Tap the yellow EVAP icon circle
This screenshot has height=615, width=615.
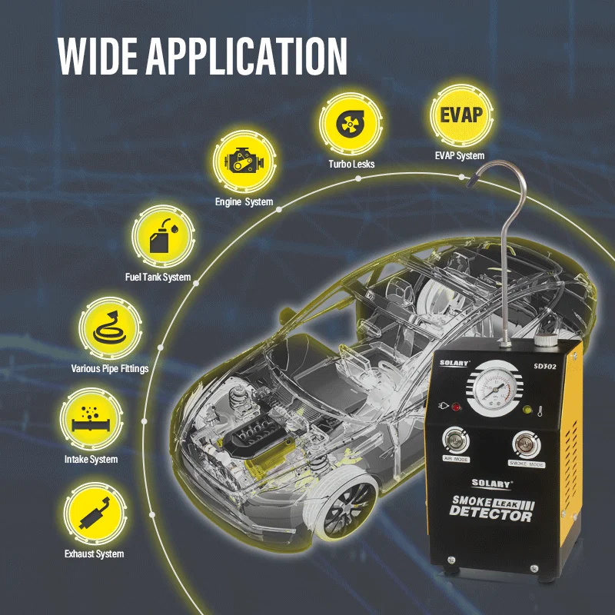[x=460, y=115]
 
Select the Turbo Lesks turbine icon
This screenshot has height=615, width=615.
[x=351, y=124]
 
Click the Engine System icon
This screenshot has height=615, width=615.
[x=244, y=161]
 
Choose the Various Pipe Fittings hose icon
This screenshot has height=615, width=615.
[x=110, y=326]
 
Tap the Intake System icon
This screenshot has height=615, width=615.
[x=91, y=420]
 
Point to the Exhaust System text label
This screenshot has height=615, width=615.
[x=94, y=553]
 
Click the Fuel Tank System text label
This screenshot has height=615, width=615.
[x=158, y=277]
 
